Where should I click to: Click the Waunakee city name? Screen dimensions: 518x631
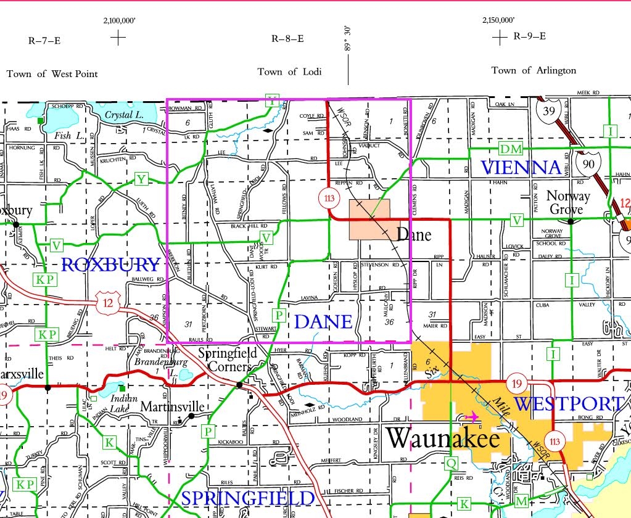442,438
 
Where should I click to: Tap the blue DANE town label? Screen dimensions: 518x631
323,321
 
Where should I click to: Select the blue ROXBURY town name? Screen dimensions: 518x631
111,265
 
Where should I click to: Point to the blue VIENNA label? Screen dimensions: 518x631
521,168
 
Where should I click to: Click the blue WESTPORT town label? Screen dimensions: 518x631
567,405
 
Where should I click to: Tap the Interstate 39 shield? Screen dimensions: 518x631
547,111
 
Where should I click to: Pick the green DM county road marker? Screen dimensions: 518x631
510,149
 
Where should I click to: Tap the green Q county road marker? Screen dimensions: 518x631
452,462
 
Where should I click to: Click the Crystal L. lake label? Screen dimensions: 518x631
123,115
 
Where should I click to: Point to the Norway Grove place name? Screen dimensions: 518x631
566,203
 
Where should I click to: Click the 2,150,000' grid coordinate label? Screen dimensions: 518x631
498,20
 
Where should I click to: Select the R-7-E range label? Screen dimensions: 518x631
44,41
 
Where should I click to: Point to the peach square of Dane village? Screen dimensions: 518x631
369,219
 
